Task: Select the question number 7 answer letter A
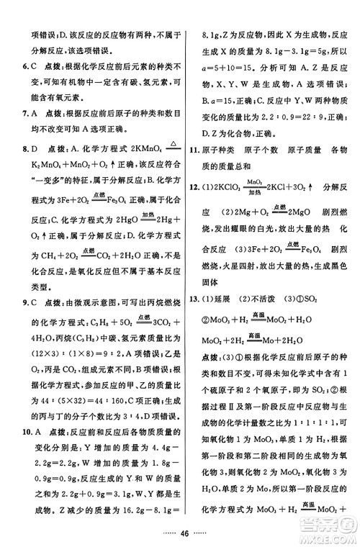point(35,113)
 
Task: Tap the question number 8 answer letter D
point(35,149)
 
